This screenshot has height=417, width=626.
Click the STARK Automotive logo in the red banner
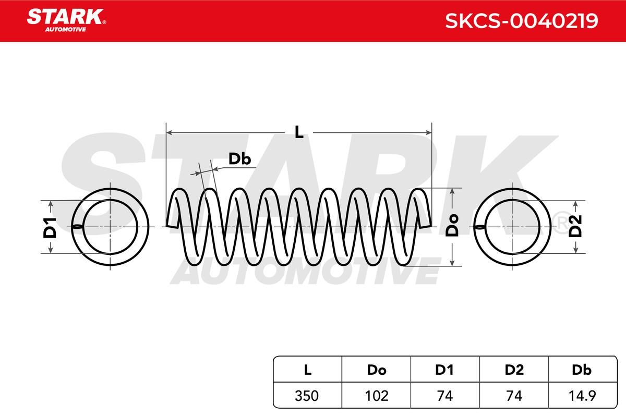coord(66,20)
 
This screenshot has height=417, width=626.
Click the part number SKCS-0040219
coord(522,21)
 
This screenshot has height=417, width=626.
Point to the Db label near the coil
coord(240,159)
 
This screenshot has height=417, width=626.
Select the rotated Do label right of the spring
coord(452,225)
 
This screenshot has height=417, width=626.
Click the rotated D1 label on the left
coord(50,228)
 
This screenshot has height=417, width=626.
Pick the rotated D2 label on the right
coord(575,227)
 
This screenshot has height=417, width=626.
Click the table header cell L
coord(307,370)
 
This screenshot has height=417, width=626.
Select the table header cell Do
coord(377,370)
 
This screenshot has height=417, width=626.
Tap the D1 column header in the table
coord(444,370)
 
